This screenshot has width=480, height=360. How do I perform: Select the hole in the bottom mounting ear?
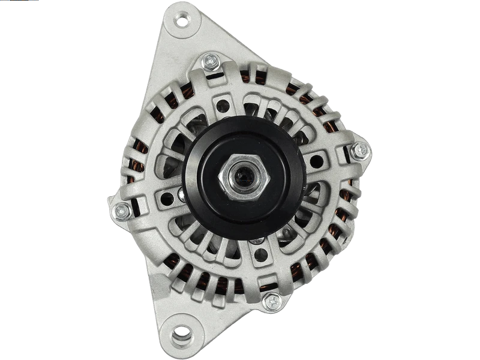tap(181, 332)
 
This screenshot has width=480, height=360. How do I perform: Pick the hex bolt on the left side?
tap(122, 211)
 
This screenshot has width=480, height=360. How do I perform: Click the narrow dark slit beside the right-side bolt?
tap(346, 157)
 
